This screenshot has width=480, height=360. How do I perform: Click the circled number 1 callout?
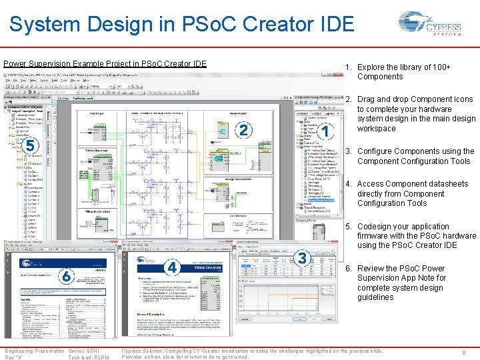coord(325,131)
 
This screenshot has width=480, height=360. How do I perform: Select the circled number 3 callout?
coord(303,257)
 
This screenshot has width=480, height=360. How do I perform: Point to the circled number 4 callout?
coord(172,267)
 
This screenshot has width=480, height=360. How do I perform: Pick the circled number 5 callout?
coord(29,145)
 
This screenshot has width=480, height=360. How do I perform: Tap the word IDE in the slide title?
coord(333,25)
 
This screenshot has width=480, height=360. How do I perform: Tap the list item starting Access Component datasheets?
coord(412,194)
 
